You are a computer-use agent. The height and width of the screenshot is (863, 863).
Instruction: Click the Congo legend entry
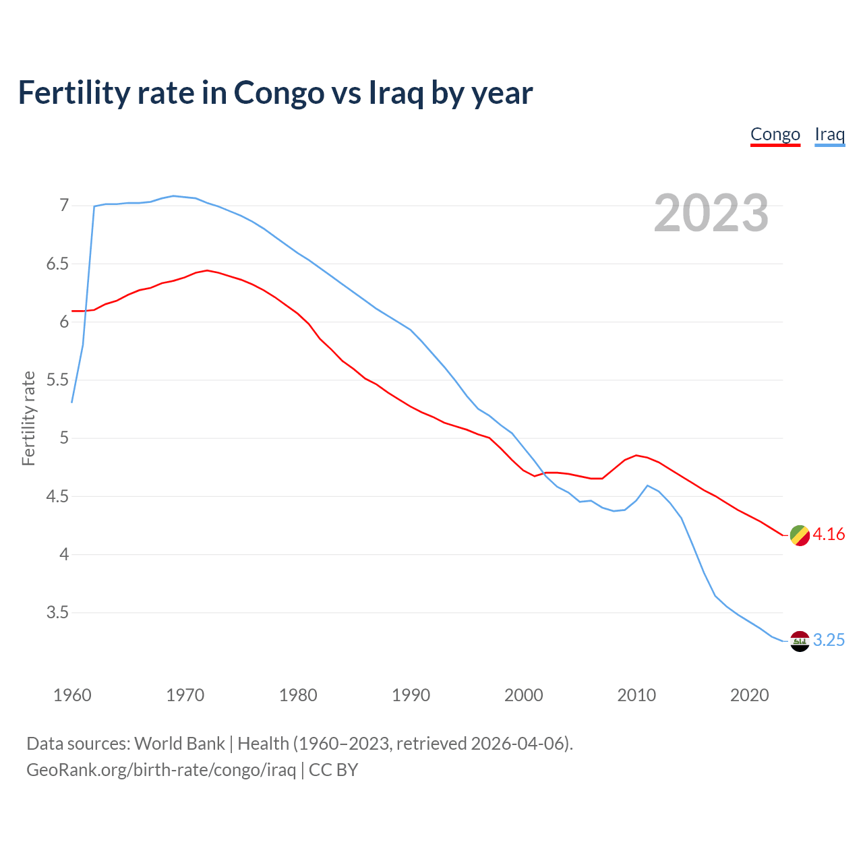point(775,134)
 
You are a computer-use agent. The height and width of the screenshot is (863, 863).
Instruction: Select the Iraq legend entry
point(829,134)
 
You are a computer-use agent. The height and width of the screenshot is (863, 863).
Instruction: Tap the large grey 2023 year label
point(711,213)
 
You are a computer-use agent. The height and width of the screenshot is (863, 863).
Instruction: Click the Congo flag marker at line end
point(800,535)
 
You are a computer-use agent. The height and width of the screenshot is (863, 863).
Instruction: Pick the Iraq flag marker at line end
point(800,641)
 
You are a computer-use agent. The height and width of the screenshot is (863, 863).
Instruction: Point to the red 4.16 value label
point(829,535)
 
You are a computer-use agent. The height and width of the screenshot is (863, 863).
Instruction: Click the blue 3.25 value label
point(829,641)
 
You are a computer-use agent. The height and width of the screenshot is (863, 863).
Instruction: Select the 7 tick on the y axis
point(64,205)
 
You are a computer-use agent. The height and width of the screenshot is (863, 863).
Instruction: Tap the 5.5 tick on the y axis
point(57,380)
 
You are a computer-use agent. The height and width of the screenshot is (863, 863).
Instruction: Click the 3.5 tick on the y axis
point(57,613)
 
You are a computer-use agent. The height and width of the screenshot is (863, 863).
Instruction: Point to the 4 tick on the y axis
point(64,555)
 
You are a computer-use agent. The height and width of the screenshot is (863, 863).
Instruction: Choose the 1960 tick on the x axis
point(72,695)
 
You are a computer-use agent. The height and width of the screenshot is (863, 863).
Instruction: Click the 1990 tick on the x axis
point(411,695)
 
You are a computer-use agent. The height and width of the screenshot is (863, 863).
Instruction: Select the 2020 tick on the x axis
point(749,695)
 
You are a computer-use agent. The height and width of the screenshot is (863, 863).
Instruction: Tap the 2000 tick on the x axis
point(524,695)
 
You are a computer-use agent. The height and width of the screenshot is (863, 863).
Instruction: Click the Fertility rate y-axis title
point(28,418)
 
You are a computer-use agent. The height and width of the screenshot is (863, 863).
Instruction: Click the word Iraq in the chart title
point(396,93)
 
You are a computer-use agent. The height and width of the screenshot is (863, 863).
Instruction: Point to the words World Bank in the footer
point(179,744)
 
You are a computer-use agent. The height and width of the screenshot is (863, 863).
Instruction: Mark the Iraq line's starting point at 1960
point(72,403)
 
